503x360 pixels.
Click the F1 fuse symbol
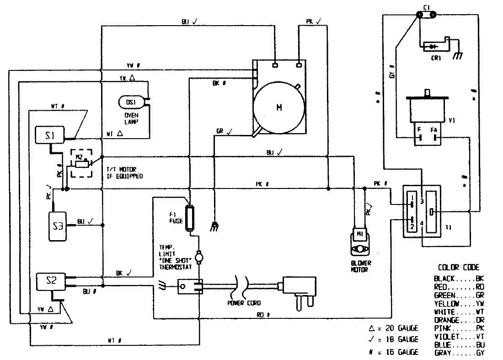(x=189, y=215)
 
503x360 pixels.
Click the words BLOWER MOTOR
(x=361, y=266)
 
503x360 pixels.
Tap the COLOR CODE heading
(x=459, y=267)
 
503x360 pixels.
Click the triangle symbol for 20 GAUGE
(x=372, y=328)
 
